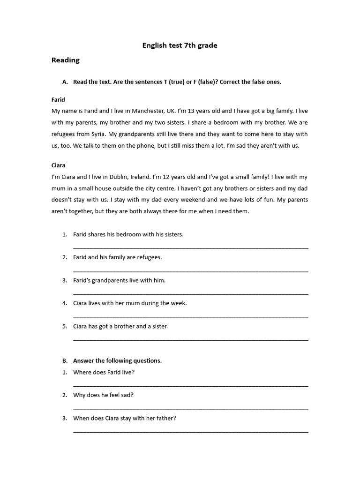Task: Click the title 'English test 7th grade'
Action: (180, 45)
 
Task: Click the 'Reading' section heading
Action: (65, 60)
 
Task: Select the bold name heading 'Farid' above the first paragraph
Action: (58, 99)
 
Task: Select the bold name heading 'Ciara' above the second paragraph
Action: (58, 165)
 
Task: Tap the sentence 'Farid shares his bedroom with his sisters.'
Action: (128, 234)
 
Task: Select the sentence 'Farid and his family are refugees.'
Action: (117, 257)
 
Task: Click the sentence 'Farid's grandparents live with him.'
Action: (119, 280)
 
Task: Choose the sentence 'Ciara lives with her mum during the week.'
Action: (130, 303)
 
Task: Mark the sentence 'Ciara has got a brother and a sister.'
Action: (120, 326)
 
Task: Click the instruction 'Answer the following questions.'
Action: (117, 361)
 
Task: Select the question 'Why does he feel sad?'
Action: (103, 395)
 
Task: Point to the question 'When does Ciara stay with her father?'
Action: (124, 418)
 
